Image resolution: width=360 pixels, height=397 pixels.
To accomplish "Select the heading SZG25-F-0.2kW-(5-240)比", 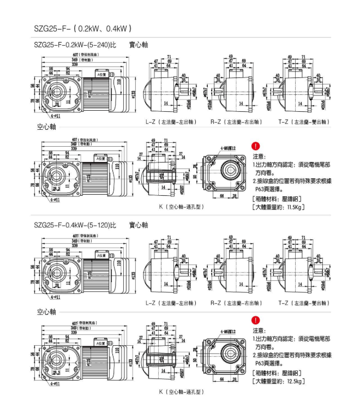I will (75, 45).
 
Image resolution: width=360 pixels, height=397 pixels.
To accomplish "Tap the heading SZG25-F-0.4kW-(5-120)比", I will (75, 225).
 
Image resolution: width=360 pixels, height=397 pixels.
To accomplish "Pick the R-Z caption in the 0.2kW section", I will (236, 123).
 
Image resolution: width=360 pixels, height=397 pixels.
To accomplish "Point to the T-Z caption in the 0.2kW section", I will (304, 123).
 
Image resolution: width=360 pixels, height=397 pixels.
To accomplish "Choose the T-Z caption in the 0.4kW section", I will (304, 303).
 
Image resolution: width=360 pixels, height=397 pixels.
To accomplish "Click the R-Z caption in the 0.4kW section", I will (236, 303).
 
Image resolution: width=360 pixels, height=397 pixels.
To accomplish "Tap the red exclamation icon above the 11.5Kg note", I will (256, 146).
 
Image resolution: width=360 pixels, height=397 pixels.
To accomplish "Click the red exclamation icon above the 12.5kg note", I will (256, 321).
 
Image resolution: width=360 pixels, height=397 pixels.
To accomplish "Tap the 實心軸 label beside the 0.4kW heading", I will (139, 225).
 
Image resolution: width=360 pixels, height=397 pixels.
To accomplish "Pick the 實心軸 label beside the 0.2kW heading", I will (139, 45).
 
